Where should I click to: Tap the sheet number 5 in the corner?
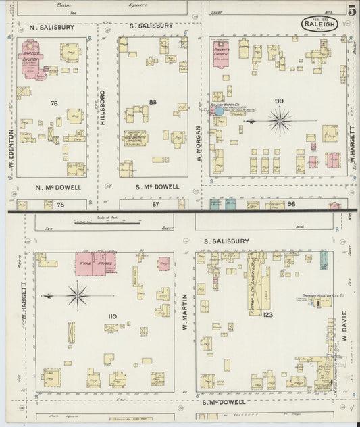(352, 10)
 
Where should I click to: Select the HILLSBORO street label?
(103, 108)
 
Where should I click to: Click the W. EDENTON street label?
(11, 146)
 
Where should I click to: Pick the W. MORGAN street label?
(200, 143)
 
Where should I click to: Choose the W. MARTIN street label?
(184, 315)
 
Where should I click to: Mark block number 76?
(54, 103)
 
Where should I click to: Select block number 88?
(153, 103)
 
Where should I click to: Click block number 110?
(112, 316)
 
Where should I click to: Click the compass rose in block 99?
(279, 121)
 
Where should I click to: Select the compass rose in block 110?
(78, 295)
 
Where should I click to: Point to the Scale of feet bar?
(107, 221)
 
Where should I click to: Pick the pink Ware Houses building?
(95, 262)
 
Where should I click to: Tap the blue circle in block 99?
(219, 111)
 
